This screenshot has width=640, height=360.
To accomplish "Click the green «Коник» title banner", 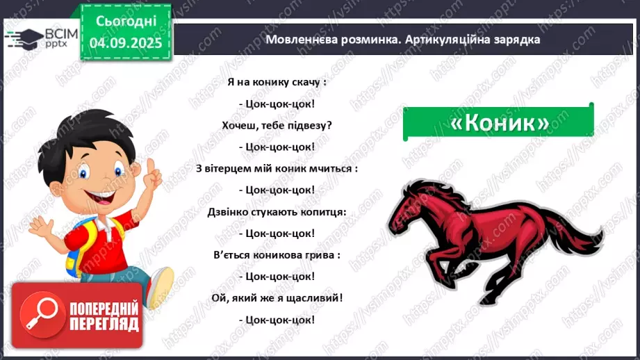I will pos(498,122).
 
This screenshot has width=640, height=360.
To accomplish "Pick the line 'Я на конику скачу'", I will pos(276,82).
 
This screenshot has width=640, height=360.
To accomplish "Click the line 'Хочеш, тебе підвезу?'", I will pos(276,125).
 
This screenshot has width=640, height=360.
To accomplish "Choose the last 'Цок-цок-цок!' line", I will pos(276,319).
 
